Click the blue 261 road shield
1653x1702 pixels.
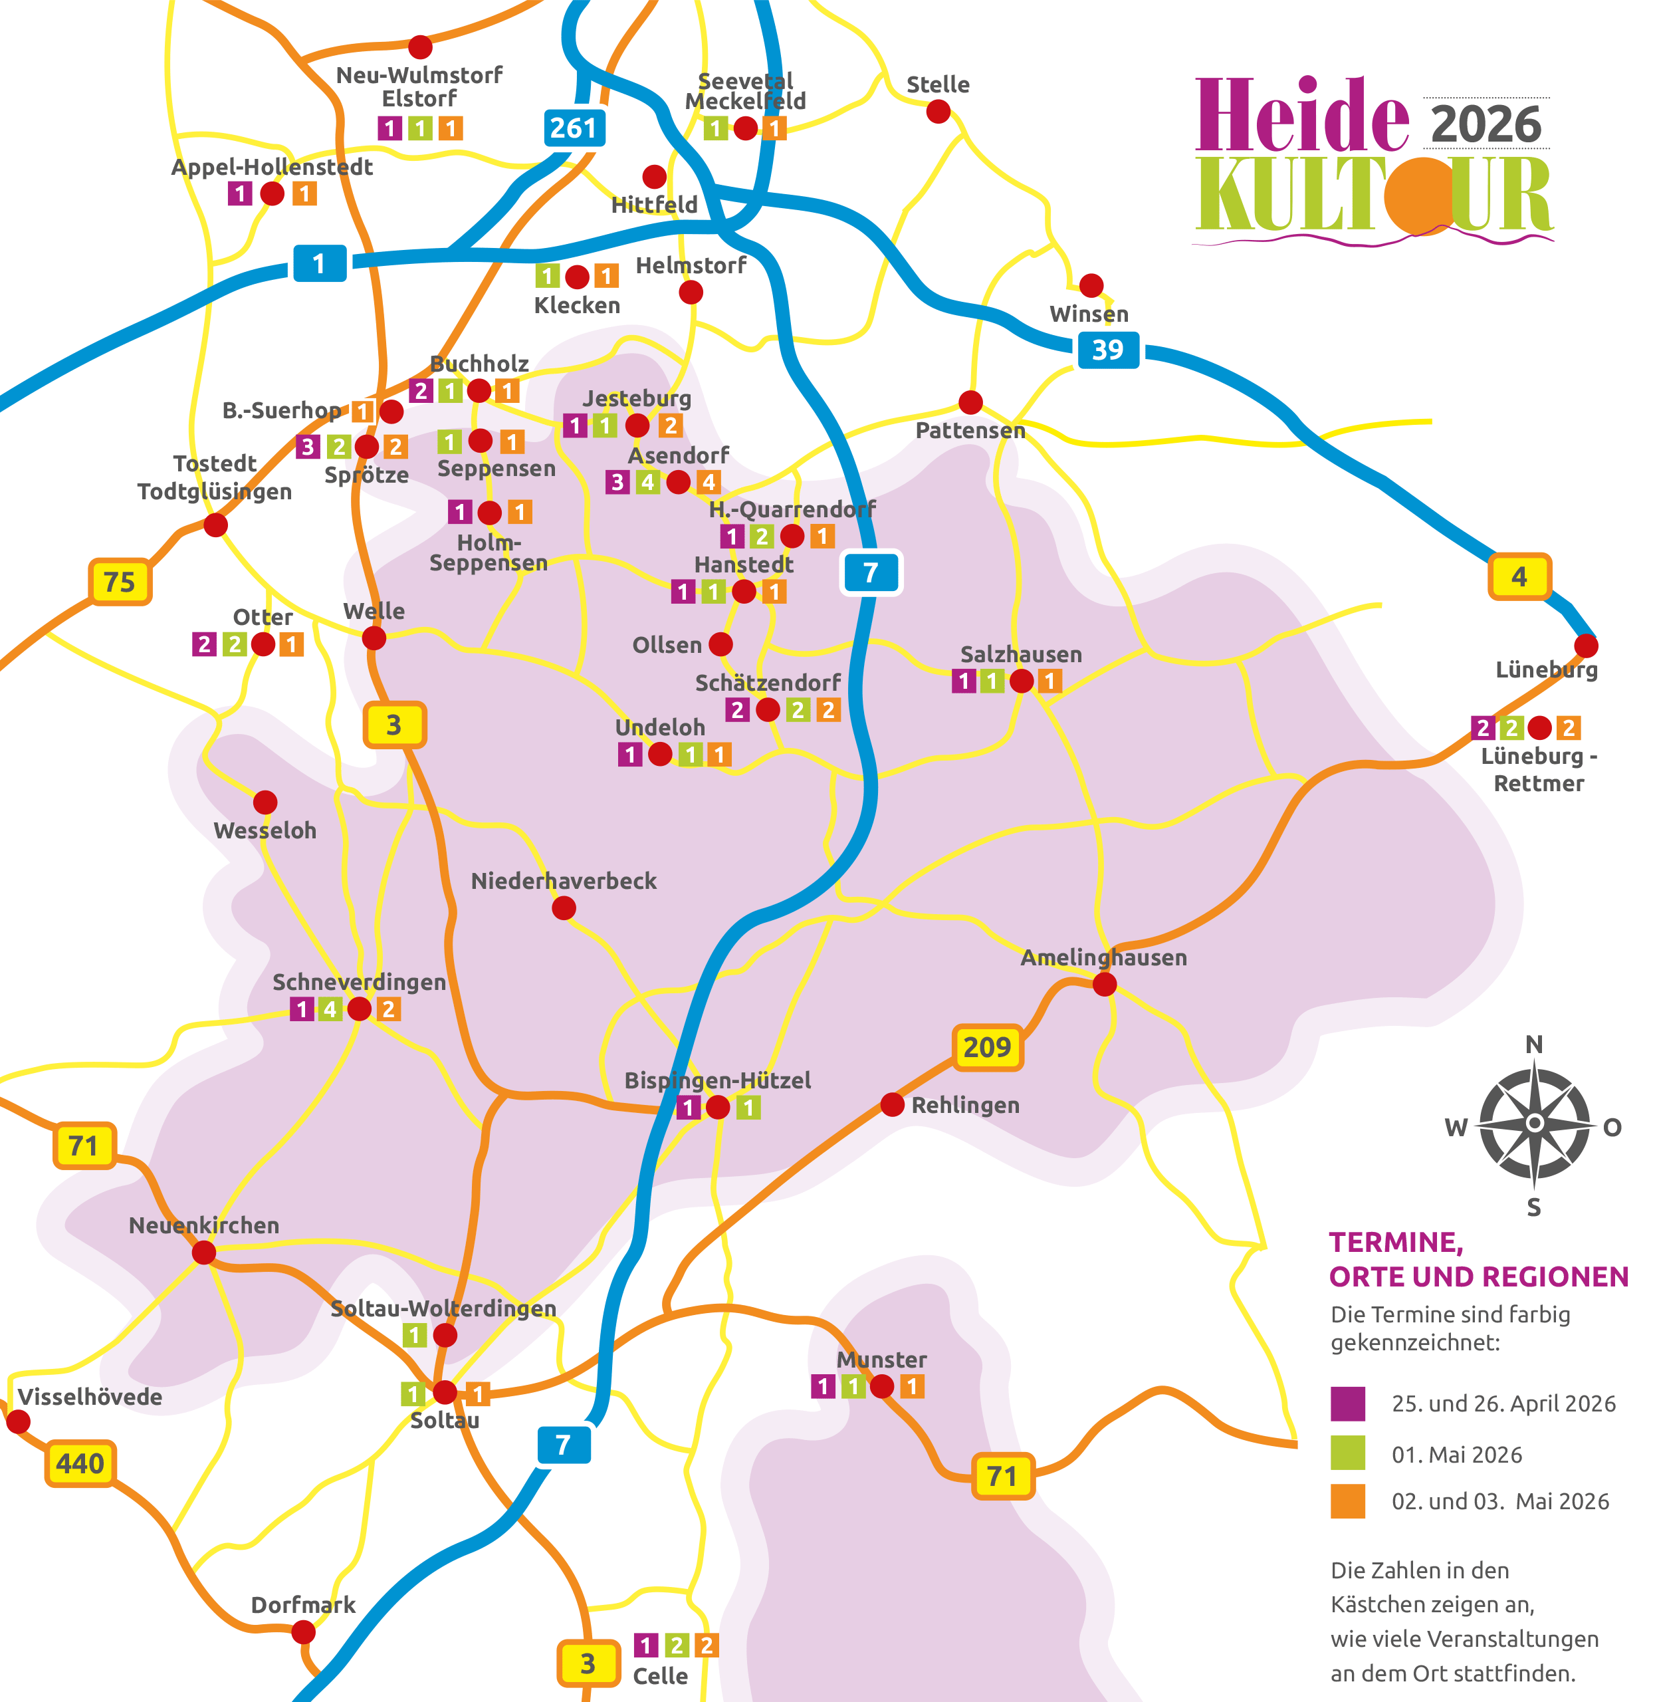(573, 128)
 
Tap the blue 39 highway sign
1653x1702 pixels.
(1108, 350)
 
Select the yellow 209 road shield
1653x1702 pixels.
(988, 1047)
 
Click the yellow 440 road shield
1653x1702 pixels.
(80, 1464)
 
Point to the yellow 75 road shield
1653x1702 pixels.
(120, 582)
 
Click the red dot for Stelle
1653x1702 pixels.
(938, 111)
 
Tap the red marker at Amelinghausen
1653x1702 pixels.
(1104, 984)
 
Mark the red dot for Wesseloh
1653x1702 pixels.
(266, 802)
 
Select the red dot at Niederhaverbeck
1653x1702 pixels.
(564, 908)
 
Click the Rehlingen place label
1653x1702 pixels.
(965, 1106)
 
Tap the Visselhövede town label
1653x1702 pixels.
(90, 1398)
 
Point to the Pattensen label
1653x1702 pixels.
(970, 431)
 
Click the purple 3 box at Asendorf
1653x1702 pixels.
(617, 482)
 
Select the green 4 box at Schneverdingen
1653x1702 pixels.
(330, 1009)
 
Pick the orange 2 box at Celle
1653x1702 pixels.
(707, 1645)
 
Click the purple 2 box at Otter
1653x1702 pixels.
(205, 644)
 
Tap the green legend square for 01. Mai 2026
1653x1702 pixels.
(1347, 1453)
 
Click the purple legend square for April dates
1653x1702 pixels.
(1347, 1403)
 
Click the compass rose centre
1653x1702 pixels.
(1535, 1124)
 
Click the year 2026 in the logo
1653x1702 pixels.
(1486, 124)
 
